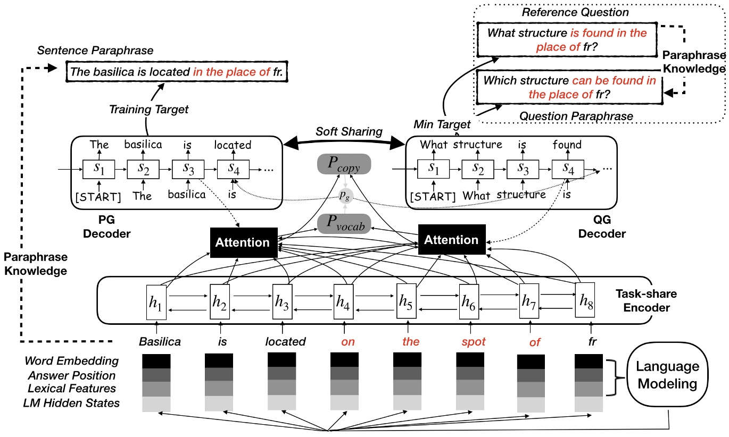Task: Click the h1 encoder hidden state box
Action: [156, 303]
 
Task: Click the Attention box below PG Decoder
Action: [242, 242]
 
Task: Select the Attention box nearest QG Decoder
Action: [451, 240]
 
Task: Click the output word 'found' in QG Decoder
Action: [567, 145]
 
